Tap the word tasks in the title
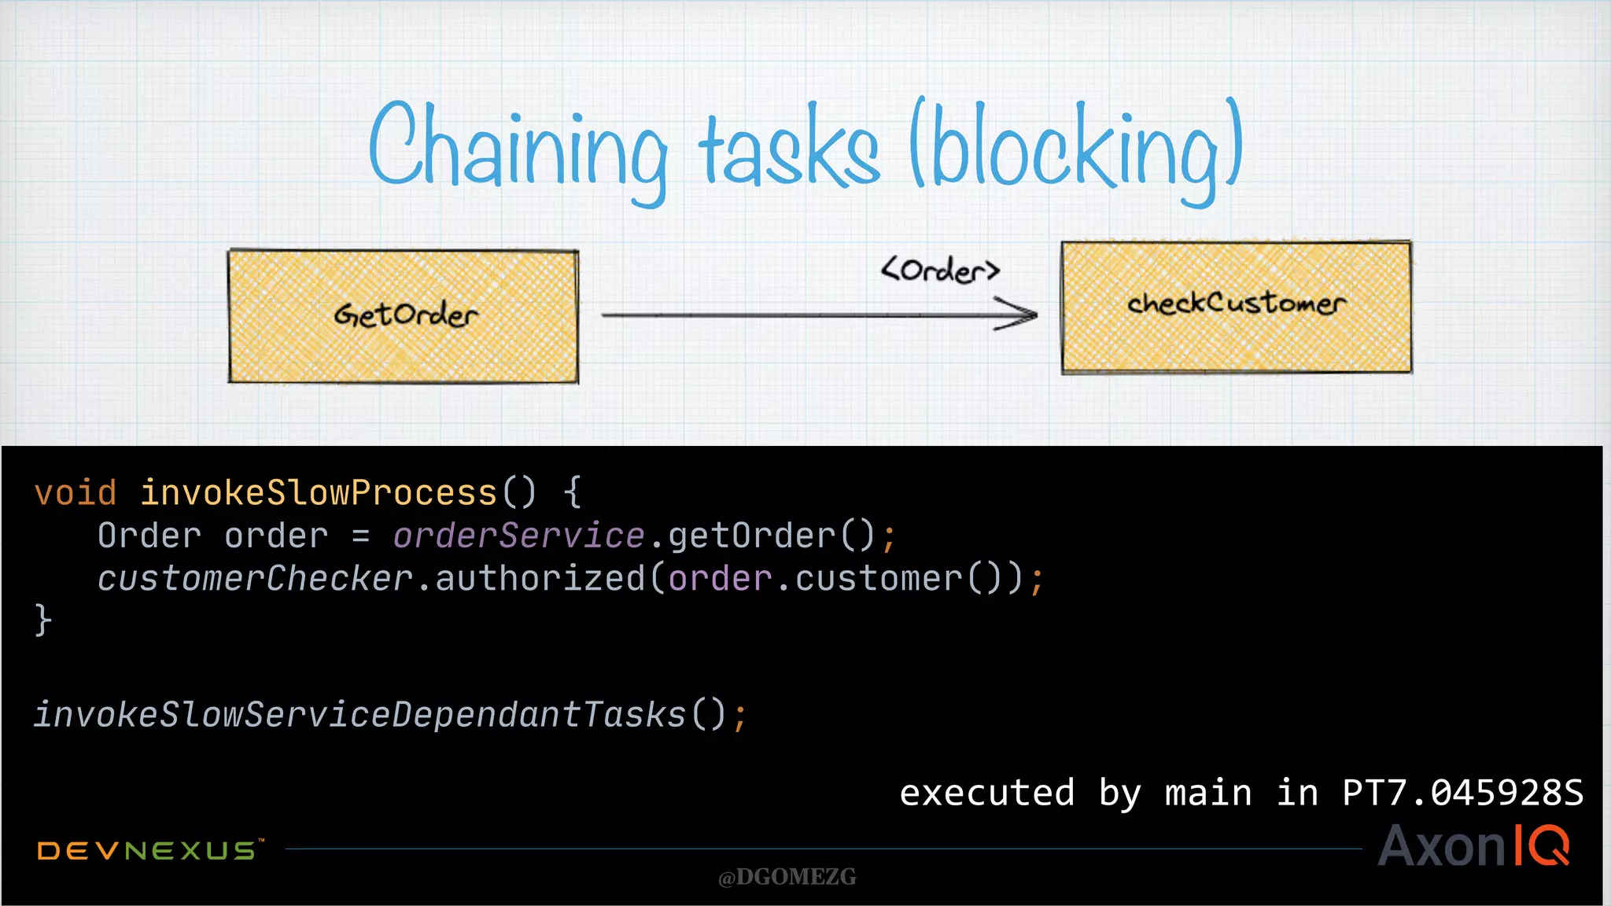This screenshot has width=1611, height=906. tap(789, 149)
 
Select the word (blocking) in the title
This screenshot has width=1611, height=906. tap(1075, 149)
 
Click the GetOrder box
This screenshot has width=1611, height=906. tap(404, 316)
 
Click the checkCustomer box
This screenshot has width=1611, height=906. tap(1236, 307)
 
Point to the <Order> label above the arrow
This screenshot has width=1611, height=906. tap(940, 270)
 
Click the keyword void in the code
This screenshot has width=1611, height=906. tap(76, 493)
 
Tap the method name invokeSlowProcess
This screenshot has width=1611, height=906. tap(319, 493)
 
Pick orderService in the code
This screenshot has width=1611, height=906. tap(519, 536)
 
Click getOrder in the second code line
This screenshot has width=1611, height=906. tap(751, 536)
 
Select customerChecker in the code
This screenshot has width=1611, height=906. tap(256, 579)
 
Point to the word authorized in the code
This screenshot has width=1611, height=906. tap(540, 579)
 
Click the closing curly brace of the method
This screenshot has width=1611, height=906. tap(43, 620)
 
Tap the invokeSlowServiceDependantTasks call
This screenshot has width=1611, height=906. tap(360, 715)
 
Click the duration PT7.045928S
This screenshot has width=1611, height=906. tap(1462, 793)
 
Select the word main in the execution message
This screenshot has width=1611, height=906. tap(1207, 793)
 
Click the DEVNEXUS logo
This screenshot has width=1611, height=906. tap(148, 850)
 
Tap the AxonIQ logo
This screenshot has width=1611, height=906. tap(1473, 846)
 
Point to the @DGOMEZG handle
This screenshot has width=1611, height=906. tap(787, 877)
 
